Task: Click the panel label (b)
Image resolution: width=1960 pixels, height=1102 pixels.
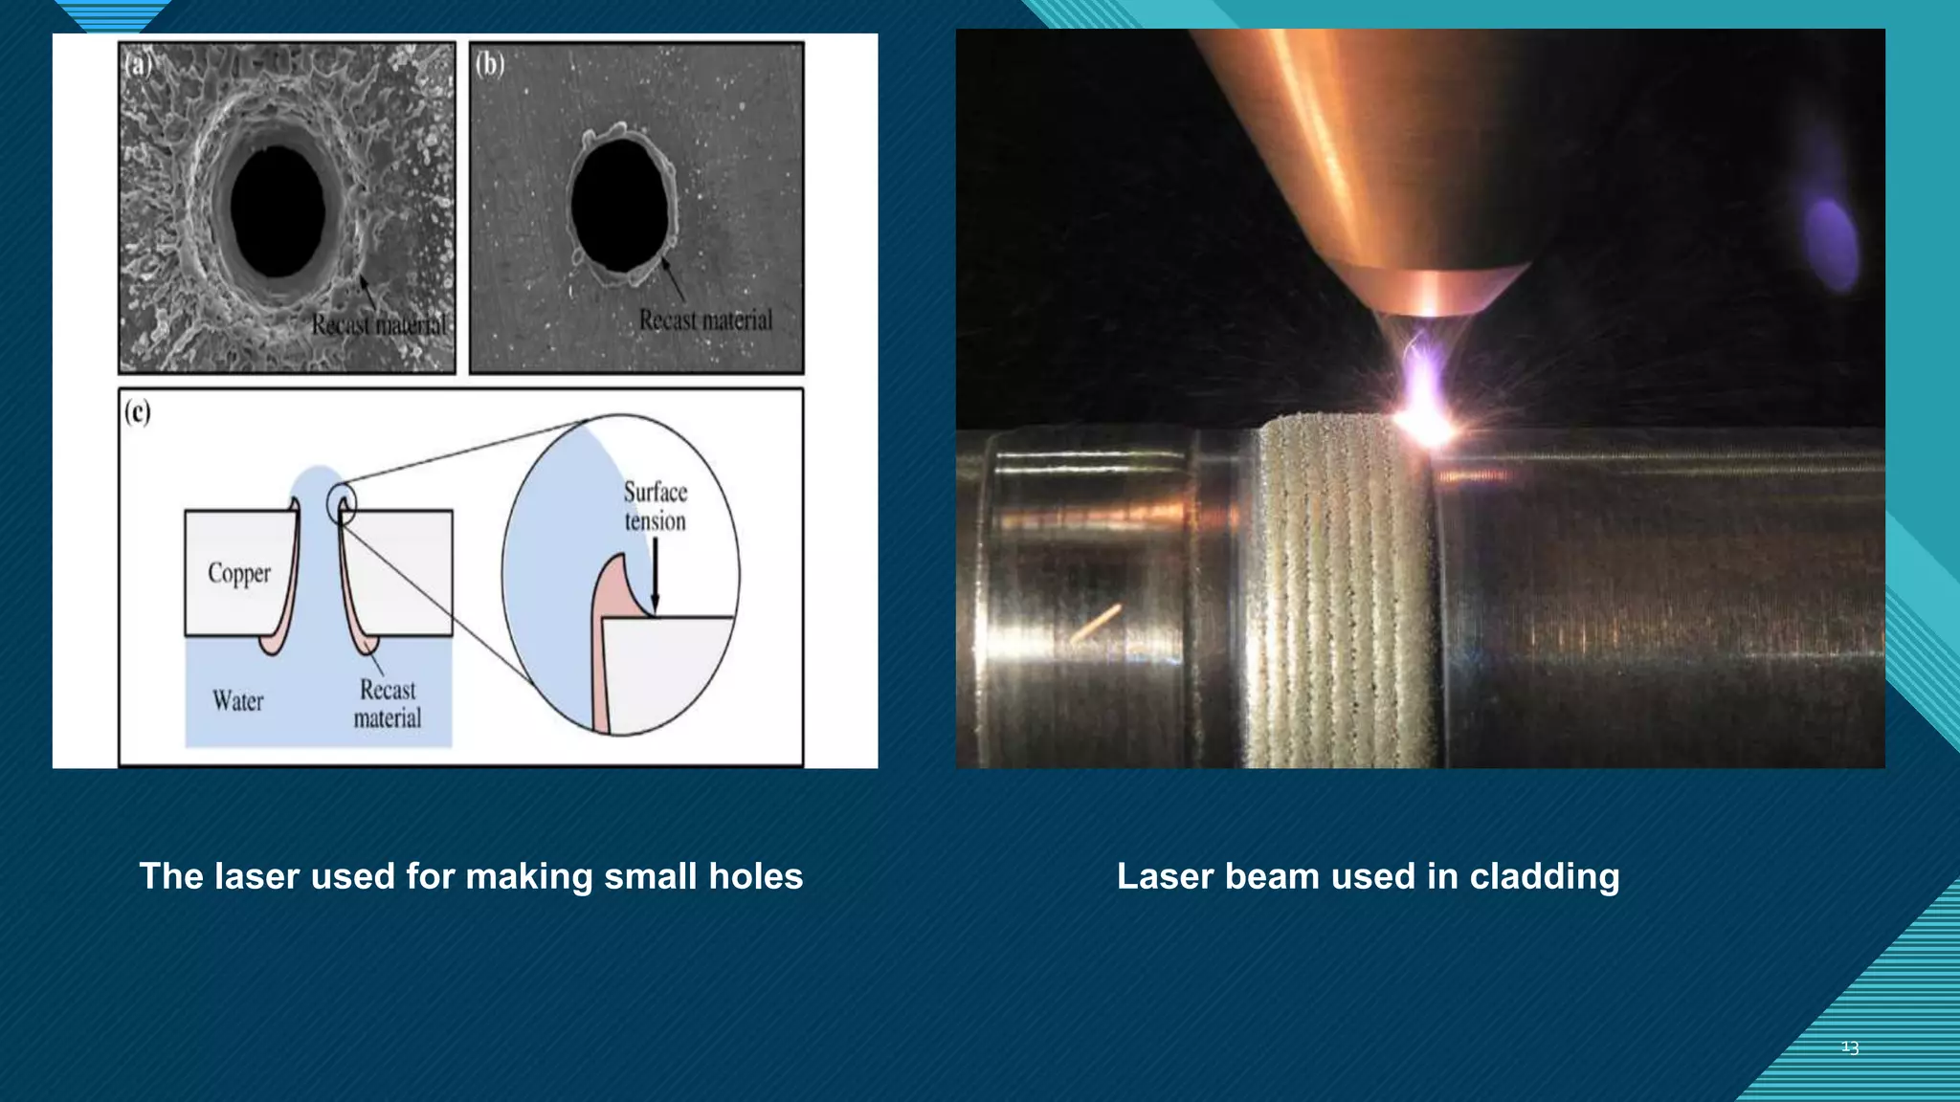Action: point(490,64)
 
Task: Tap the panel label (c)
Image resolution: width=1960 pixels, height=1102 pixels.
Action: point(138,411)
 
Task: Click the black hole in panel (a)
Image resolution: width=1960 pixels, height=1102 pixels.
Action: point(278,211)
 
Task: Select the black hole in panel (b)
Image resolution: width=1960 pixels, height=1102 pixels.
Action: point(619,205)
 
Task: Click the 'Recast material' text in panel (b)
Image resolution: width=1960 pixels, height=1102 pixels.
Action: point(705,320)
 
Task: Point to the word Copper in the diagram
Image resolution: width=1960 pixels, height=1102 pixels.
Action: point(239,573)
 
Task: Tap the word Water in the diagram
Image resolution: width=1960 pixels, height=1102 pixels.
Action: point(238,701)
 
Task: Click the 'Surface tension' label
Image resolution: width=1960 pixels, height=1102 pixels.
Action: point(656,506)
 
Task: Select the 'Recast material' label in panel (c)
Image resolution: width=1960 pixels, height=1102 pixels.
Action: point(388,704)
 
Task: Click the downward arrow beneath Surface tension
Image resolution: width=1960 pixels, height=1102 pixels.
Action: point(656,574)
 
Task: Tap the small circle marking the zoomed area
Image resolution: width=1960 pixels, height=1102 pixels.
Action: point(342,504)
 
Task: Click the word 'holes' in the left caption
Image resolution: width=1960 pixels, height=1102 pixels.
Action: point(755,876)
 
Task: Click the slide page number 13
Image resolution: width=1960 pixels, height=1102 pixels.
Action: point(1850,1047)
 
